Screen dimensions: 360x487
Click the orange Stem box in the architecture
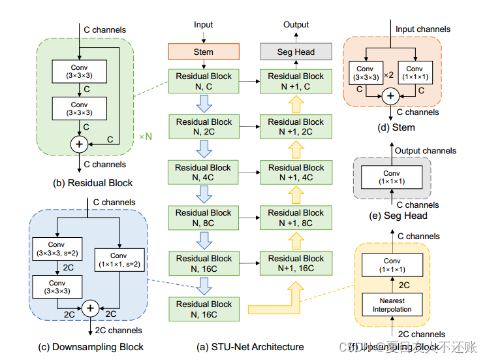pos(204,52)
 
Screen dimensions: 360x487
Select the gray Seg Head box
pos(296,52)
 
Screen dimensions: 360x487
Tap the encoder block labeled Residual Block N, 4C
pos(204,172)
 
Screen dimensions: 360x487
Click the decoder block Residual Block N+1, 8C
pos(296,218)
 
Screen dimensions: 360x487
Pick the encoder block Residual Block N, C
pos(204,81)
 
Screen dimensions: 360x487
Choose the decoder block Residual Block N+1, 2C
pos(296,127)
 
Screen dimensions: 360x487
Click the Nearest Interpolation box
pos(392,304)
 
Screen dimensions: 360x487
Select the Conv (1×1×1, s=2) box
pos(118,259)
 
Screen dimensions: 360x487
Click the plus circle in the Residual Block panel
pos(80,142)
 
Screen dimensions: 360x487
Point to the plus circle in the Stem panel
pos(390,96)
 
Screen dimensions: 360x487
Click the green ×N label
pos(146,137)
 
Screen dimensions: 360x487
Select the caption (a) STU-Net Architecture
pos(249,346)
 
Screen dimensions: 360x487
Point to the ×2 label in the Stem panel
pos(388,73)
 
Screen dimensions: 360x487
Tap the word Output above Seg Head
pos(296,25)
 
